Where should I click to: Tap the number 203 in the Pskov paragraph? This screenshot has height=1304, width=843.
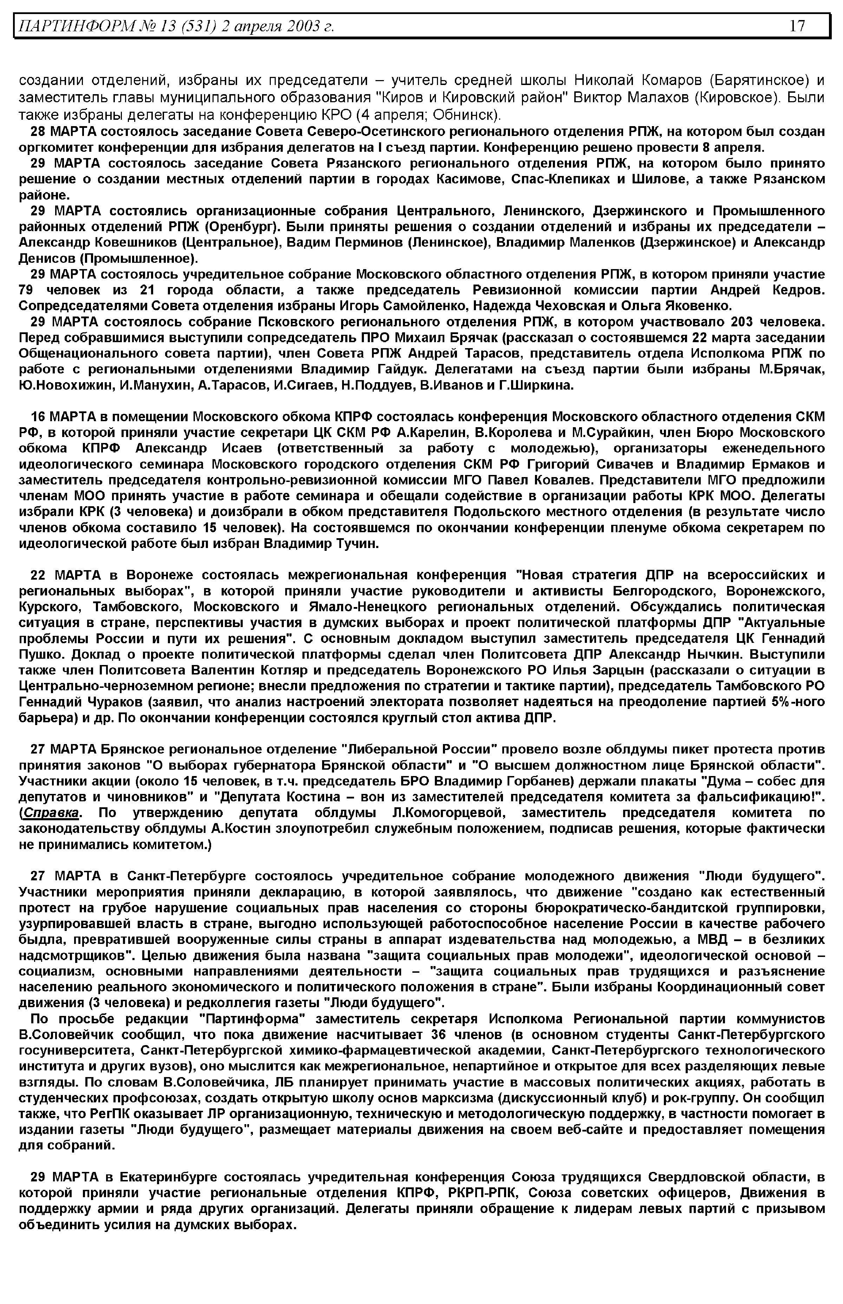click(742, 321)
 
